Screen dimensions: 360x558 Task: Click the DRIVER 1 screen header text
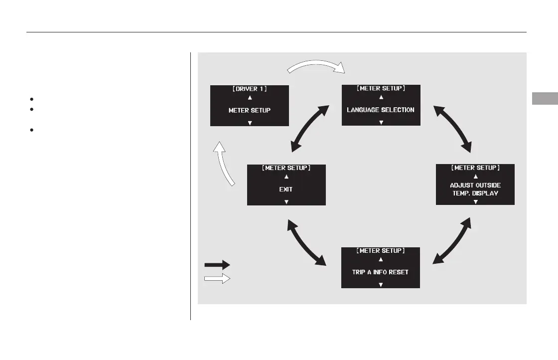(x=250, y=89)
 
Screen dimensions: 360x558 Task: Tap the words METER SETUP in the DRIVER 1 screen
(x=250, y=110)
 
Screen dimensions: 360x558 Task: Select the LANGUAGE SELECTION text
(x=381, y=110)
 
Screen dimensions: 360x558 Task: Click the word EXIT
(x=286, y=189)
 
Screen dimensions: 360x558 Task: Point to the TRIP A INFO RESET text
(x=380, y=272)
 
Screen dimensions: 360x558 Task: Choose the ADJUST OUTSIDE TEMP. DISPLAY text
(x=475, y=188)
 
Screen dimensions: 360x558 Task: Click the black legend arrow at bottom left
(x=217, y=265)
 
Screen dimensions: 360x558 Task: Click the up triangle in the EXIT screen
(x=286, y=177)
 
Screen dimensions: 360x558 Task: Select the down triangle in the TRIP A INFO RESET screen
(x=380, y=285)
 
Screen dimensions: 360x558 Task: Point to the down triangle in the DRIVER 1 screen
(x=250, y=123)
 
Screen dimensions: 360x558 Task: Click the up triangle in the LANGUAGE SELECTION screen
(x=381, y=97)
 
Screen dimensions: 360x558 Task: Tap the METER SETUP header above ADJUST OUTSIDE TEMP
(x=475, y=168)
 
